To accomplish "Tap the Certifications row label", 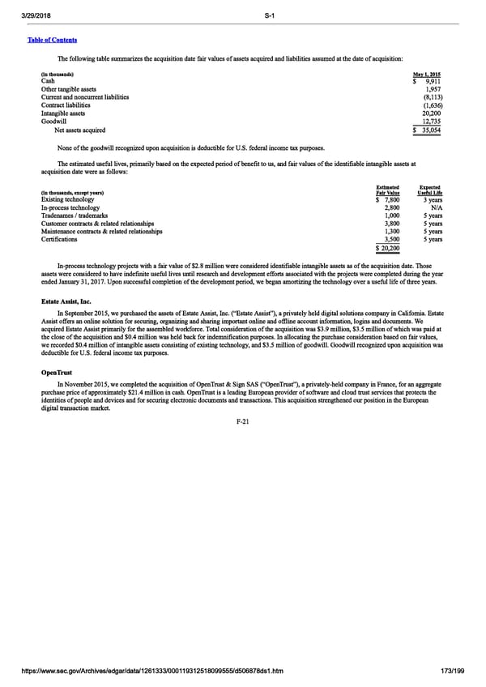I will click(60, 239).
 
